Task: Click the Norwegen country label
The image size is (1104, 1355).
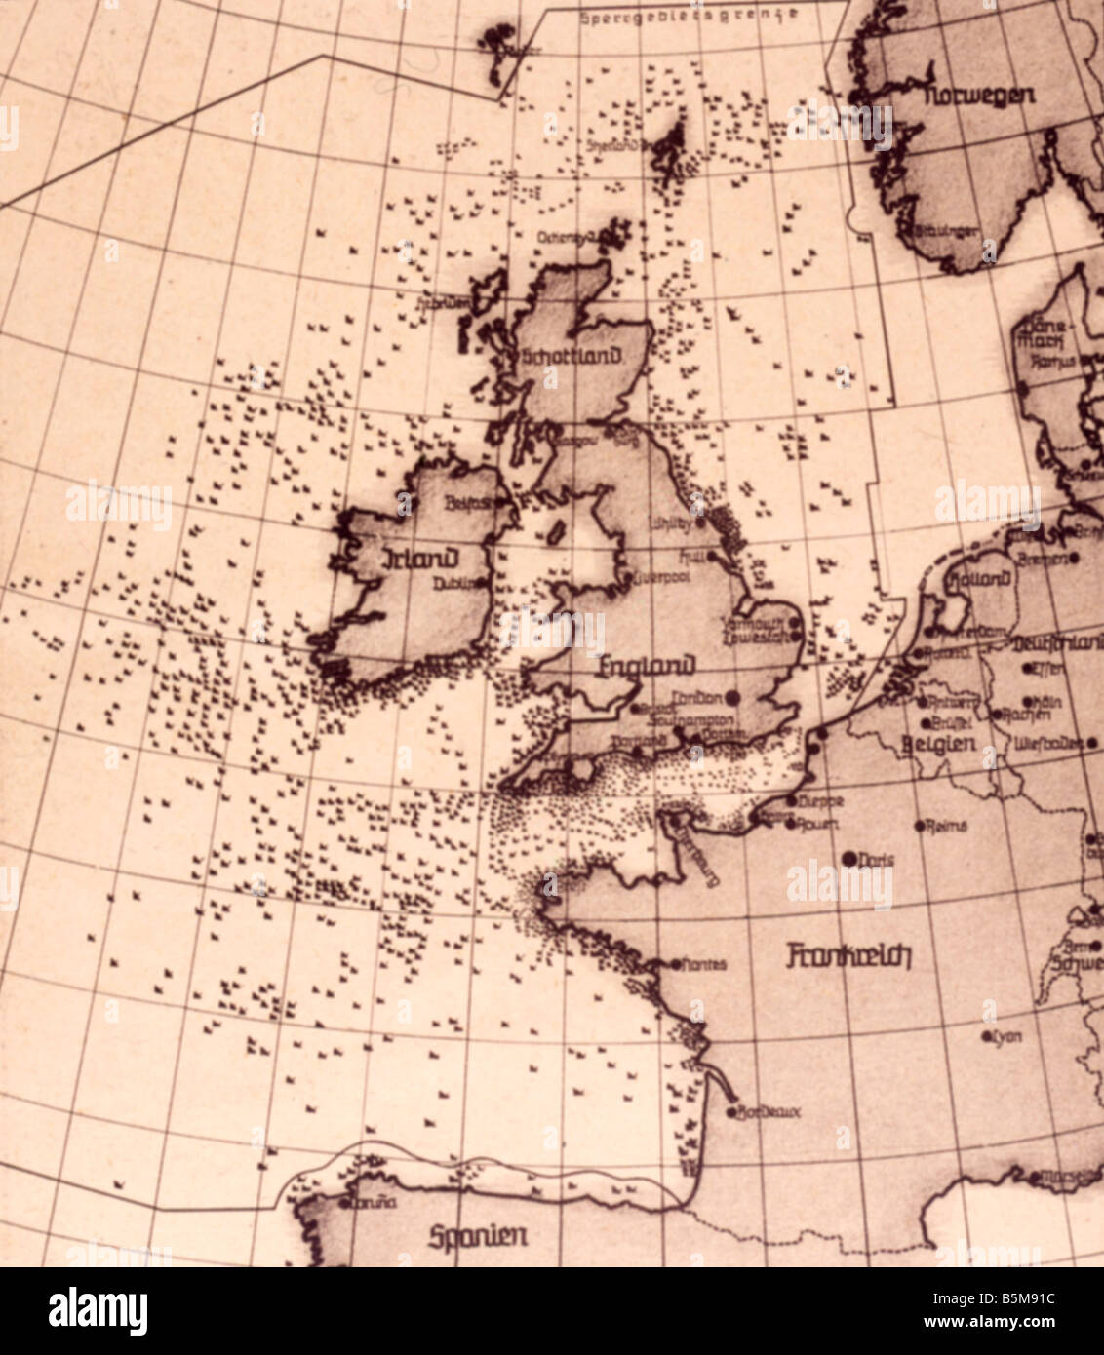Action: coord(980,96)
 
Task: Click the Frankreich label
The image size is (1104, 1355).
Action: coord(848,955)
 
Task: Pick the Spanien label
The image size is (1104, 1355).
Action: coord(478,1236)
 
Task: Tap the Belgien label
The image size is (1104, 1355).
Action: coord(940,744)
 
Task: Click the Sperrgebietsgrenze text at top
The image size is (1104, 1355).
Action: coord(689,16)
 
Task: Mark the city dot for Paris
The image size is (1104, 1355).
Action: coord(848,859)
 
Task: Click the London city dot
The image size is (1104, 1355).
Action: coord(733,697)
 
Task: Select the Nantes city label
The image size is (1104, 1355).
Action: coord(703,964)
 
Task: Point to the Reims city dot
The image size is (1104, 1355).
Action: coord(920,826)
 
